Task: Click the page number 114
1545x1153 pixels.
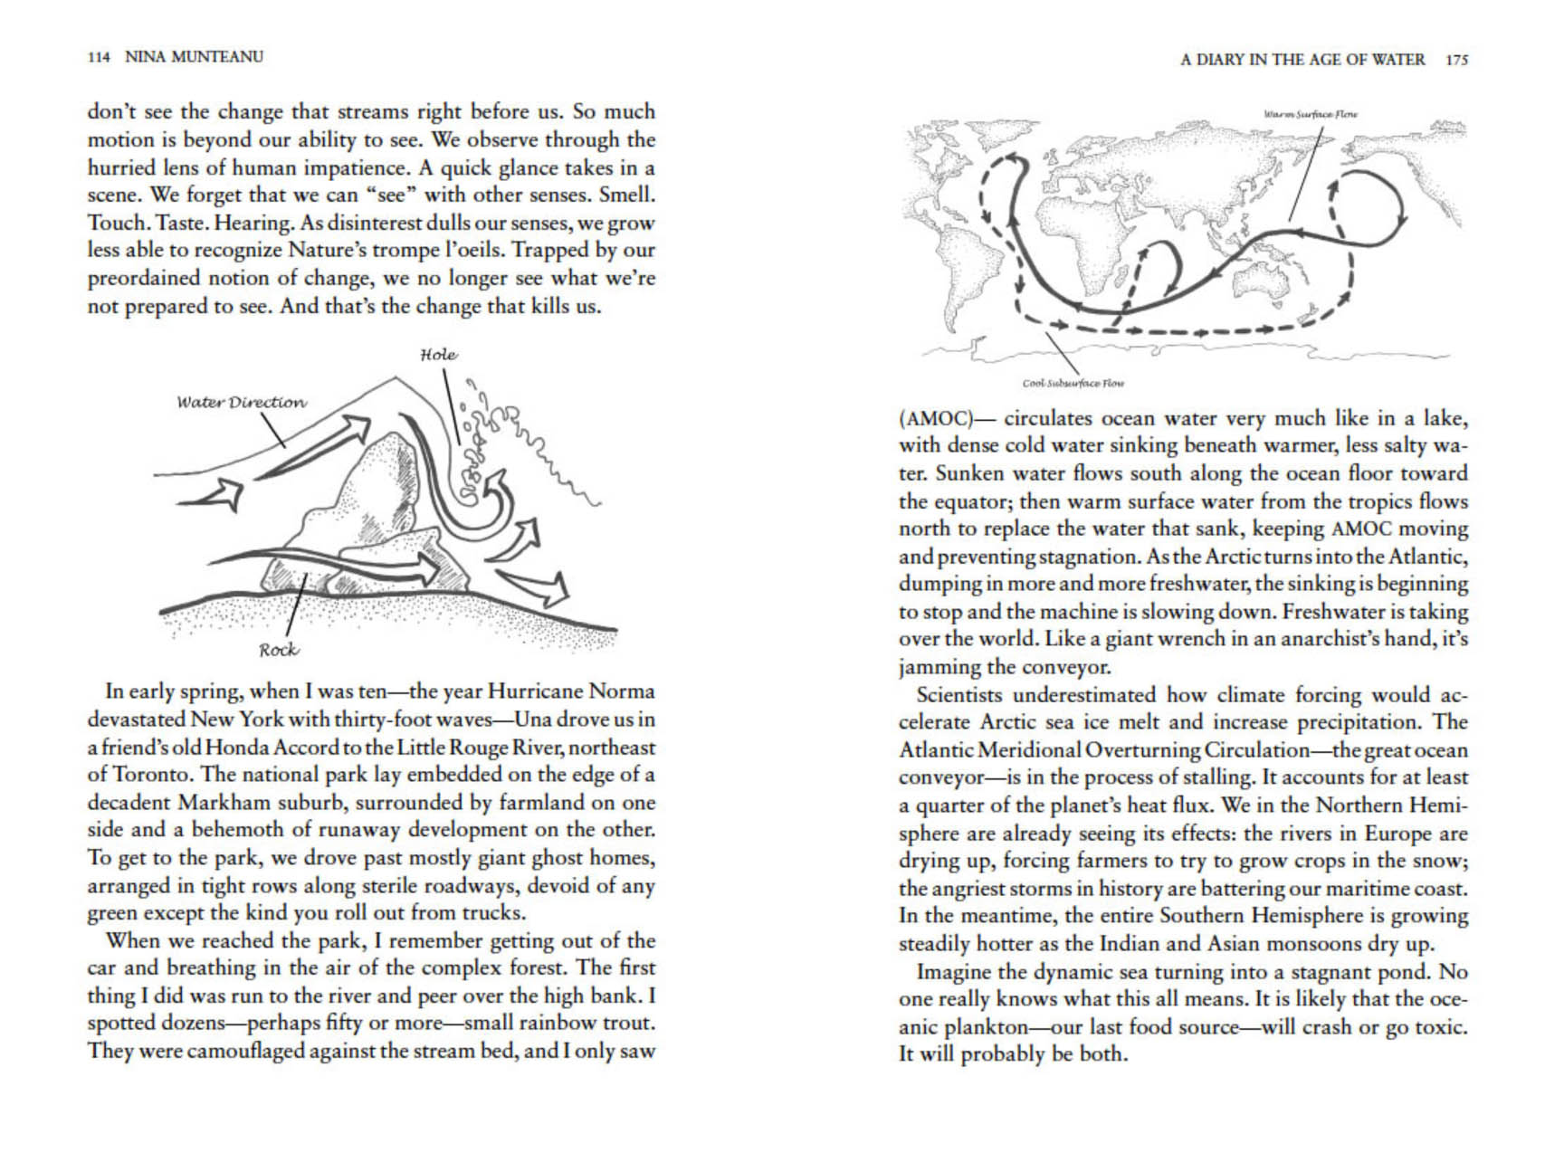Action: pyautogui.click(x=99, y=57)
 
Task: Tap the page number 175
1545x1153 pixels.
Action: pyautogui.click(x=1456, y=60)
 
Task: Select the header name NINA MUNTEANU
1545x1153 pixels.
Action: pyautogui.click(x=194, y=57)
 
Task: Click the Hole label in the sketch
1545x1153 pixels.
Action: pyautogui.click(x=438, y=355)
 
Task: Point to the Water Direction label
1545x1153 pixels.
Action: pyautogui.click(x=241, y=402)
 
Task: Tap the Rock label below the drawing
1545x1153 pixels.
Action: pyautogui.click(x=278, y=649)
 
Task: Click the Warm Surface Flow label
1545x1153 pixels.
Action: pyautogui.click(x=1310, y=114)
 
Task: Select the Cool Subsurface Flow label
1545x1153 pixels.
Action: pyautogui.click(x=1073, y=383)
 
